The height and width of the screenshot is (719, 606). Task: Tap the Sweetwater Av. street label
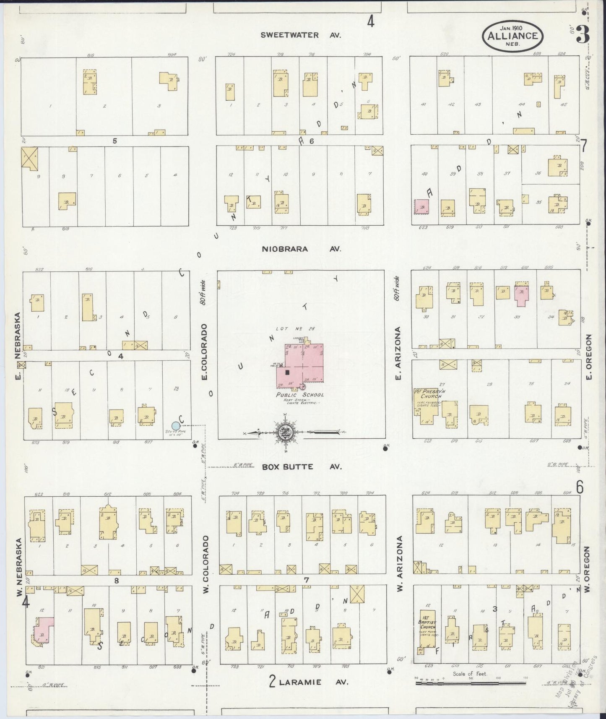point(301,35)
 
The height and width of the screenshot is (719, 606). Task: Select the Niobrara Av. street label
point(301,249)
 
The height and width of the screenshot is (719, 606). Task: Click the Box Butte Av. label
point(302,466)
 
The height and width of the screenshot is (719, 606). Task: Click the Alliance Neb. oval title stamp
point(512,36)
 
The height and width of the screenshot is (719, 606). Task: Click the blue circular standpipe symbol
point(176,425)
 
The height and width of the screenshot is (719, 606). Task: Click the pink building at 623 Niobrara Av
point(422,206)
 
